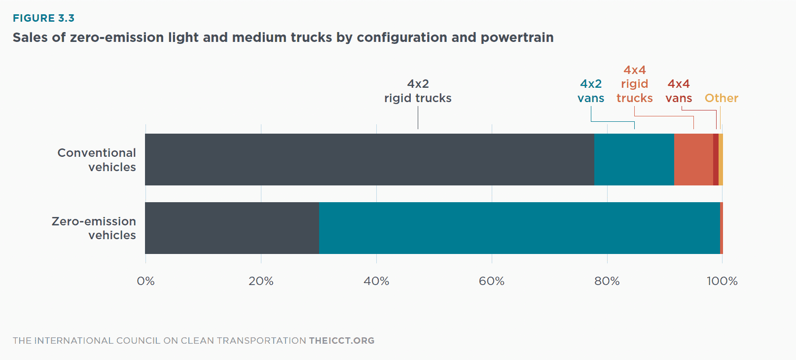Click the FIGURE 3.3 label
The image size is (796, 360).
pos(43,18)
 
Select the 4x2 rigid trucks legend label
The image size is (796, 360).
pos(418,91)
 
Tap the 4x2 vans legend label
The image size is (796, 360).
pos(591,91)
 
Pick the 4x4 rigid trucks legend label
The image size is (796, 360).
pos(634,84)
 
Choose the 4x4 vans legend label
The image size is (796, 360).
pos(679,91)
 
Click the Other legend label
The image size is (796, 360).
pos(721,98)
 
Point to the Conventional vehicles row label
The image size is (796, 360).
pos(97,160)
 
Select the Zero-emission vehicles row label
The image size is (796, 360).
pos(94,228)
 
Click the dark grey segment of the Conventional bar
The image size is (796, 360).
pos(370,159)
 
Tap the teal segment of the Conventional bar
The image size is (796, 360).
pos(634,159)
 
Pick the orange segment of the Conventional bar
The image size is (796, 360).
pos(693,159)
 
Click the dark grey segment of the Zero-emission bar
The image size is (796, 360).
pos(232,228)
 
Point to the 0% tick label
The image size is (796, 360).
pos(145,281)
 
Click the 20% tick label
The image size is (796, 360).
pos(261,281)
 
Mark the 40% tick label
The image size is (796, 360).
pos(376,281)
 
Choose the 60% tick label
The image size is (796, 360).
pos(492,281)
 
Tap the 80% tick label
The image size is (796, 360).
pos(607,281)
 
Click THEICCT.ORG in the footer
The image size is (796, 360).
pos(341,341)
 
